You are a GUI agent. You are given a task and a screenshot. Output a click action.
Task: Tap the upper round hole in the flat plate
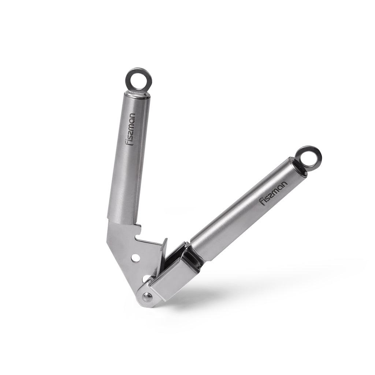[136, 258]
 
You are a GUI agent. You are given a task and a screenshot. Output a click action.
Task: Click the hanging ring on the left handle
[138, 78]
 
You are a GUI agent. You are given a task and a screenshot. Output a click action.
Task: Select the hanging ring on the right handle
[309, 157]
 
